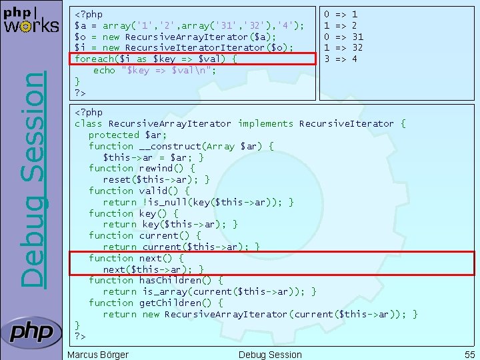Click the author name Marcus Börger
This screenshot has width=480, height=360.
click(98, 355)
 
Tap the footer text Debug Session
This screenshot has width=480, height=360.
click(270, 355)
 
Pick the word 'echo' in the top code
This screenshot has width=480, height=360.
click(105, 70)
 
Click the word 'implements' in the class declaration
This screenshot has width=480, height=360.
click(265, 123)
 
